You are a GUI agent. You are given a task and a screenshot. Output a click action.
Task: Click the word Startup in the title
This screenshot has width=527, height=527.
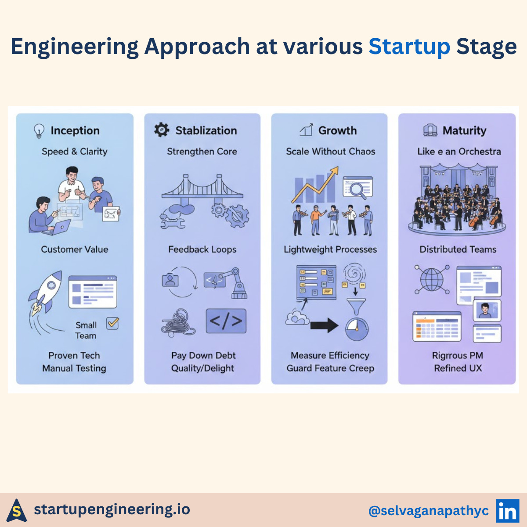click(409, 47)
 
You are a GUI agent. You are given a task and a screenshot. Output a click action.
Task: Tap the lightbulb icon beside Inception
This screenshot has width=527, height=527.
click(39, 130)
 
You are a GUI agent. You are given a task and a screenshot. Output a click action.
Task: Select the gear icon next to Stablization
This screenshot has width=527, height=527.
click(162, 130)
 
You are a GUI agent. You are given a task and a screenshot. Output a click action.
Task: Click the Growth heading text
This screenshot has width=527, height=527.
click(337, 130)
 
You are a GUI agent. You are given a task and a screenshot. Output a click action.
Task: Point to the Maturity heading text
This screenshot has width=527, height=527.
click(464, 130)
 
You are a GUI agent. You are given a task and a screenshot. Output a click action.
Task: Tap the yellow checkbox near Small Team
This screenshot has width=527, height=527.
click(113, 323)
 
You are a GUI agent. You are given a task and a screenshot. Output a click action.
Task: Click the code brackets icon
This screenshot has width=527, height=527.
click(226, 321)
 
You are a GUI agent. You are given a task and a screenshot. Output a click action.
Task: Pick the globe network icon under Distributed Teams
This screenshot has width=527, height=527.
click(432, 279)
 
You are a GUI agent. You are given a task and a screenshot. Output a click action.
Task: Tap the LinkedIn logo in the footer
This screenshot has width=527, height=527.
click(507, 511)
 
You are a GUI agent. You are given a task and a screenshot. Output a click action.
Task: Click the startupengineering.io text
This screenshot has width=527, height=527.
click(112, 509)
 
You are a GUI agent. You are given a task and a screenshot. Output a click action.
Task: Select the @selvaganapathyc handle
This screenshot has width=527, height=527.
click(428, 511)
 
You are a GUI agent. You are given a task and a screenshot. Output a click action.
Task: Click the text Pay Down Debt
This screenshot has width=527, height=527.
click(203, 355)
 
